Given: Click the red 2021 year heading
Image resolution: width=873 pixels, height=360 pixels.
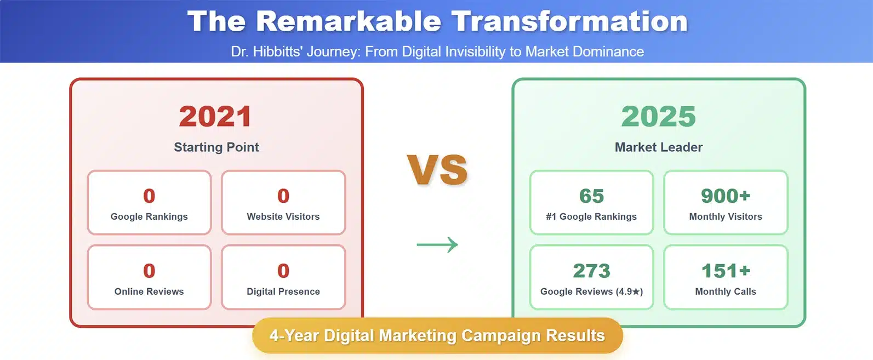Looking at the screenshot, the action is pyautogui.click(x=215, y=117).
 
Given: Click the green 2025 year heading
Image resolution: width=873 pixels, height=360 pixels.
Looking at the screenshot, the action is pyautogui.click(x=658, y=117).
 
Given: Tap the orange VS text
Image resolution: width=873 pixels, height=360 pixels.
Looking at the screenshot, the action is pyautogui.click(x=437, y=170).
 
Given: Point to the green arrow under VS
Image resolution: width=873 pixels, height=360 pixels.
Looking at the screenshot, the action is pyautogui.click(x=437, y=245).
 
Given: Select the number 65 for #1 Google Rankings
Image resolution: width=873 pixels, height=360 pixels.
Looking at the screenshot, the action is pyautogui.click(x=591, y=196).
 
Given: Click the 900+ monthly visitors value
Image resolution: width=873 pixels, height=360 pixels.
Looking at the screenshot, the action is pyautogui.click(x=725, y=196).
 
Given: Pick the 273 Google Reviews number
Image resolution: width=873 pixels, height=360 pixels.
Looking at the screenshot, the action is pyautogui.click(x=591, y=271).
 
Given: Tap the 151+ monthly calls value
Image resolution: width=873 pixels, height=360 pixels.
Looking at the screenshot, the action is pyautogui.click(x=725, y=271).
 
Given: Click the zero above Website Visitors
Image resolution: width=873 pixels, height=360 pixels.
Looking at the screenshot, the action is pyautogui.click(x=283, y=196).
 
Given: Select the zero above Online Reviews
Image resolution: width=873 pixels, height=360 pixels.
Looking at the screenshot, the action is pyautogui.click(x=149, y=271).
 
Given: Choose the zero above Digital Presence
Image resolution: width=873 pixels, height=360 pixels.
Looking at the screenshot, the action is pyautogui.click(x=283, y=271).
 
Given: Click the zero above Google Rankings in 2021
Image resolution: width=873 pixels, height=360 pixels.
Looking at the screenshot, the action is pyautogui.click(x=149, y=196).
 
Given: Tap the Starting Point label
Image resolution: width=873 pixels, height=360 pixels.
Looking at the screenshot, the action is pyautogui.click(x=216, y=147).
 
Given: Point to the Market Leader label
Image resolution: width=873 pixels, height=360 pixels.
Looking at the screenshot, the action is pyautogui.click(x=659, y=147).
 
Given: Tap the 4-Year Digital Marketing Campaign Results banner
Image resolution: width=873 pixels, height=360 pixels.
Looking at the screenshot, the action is pyautogui.click(x=437, y=335).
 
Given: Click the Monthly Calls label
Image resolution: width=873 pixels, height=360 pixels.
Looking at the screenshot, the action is pyautogui.click(x=725, y=292).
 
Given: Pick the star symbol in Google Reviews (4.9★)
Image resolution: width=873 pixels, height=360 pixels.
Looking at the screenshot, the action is pyautogui.click(x=636, y=292).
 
